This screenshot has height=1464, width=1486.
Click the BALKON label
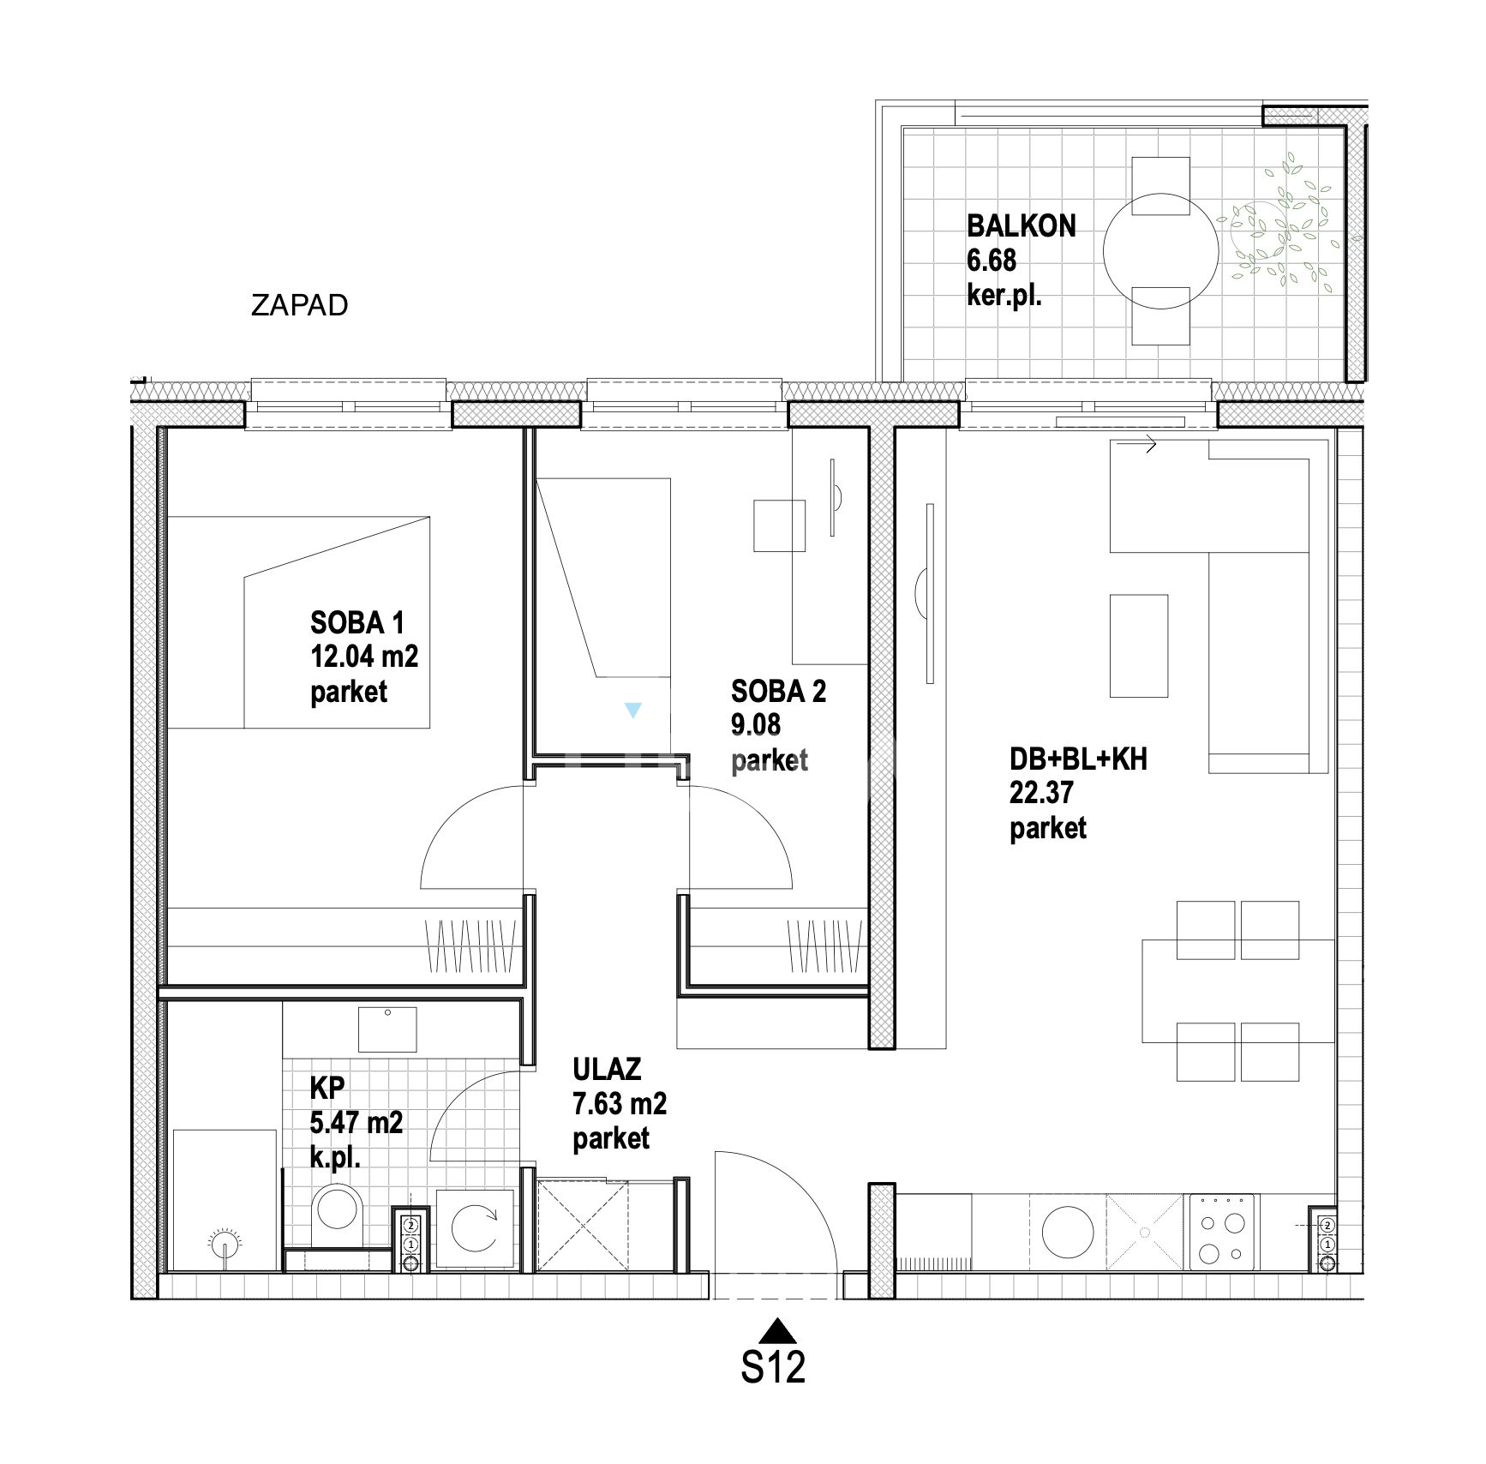(1021, 226)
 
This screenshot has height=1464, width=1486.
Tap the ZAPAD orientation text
(299, 305)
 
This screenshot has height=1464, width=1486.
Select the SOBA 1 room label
(357, 622)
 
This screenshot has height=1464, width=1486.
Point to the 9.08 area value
(755, 725)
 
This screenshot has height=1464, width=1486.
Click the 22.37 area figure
(1040, 793)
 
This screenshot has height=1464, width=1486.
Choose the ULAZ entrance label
(607, 1069)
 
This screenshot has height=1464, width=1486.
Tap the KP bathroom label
(327, 1088)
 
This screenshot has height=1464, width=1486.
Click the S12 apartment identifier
(773, 1367)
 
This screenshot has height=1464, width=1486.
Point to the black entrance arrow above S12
(778, 1330)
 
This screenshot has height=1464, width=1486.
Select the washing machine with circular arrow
(476, 1229)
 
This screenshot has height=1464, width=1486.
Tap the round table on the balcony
(1160, 250)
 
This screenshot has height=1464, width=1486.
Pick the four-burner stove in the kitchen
(1222, 1233)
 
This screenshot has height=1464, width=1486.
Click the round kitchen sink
(1068, 1233)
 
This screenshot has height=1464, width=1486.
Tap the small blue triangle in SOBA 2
(632, 710)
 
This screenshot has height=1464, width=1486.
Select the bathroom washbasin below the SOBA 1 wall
(387, 1029)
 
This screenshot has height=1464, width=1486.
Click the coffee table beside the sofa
(1139, 646)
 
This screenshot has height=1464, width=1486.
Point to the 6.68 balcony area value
(992, 260)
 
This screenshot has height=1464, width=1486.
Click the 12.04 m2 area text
(364, 657)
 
